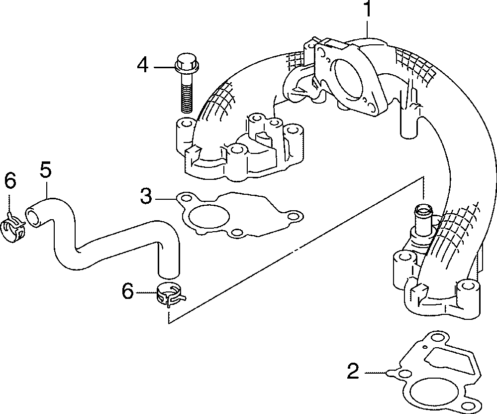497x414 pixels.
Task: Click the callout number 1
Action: coord(367,10)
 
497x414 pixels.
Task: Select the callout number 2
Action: coord(353,372)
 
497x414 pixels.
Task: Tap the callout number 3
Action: coord(145,196)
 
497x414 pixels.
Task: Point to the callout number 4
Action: coord(143,65)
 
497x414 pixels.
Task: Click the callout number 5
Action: coord(45,170)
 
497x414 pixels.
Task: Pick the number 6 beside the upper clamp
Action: coord(10,181)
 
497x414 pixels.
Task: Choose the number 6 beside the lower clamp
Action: coord(128,291)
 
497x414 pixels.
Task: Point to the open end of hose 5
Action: coord(33,218)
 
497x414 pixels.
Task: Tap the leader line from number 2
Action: coord(375,372)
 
